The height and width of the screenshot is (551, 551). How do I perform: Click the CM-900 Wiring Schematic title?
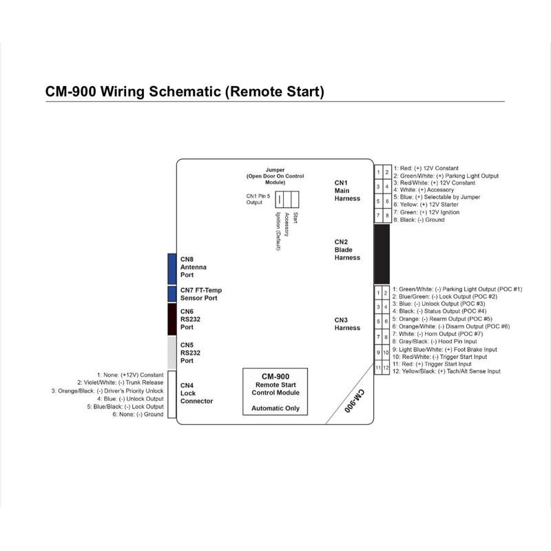(x=185, y=92)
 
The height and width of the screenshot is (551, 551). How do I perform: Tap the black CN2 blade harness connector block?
(x=382, y=254)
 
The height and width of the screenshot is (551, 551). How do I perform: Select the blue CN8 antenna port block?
(x=171, y=269)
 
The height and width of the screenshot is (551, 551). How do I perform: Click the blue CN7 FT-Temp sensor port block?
(x=171, y=294)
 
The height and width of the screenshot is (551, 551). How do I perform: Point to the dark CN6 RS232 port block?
(x=171, y=319)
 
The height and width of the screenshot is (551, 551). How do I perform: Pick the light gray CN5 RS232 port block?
(x=171, y=353)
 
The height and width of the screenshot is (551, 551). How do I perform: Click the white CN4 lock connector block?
(x=171, y=394)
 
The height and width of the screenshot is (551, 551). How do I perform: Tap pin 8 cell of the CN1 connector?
(x=387, y=216)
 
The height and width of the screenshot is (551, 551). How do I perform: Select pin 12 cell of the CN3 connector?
(x=386, y=368)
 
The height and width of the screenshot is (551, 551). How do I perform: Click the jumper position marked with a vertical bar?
(x=280, y=199)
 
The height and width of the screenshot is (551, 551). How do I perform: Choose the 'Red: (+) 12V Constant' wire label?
(x=426, y=168)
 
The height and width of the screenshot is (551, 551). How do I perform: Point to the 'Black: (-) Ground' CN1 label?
(x=419, y=220)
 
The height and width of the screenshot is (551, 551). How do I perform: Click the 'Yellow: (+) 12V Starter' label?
(x=426, y=204)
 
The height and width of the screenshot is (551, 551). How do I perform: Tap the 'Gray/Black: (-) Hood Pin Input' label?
(x=435, y=341)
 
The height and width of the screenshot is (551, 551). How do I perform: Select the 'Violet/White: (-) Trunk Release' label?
(x=120, y=382)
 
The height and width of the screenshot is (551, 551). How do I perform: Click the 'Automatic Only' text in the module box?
(x=275, y=408)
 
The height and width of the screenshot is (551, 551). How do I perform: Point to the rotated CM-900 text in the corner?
(x=354, y=401)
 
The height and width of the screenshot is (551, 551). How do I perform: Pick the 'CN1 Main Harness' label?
(x=347, y=191)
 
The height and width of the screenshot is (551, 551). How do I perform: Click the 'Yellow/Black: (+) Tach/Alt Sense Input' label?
(x=446, y=371)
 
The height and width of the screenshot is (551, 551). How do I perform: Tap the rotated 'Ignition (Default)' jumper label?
(x=278, y=231)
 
